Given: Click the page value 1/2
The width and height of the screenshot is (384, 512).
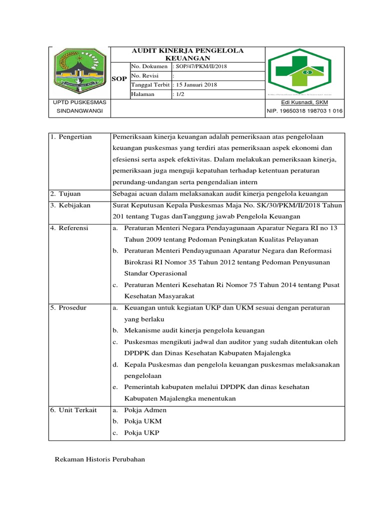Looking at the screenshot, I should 178,94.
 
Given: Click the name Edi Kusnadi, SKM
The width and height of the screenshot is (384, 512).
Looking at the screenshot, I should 304,102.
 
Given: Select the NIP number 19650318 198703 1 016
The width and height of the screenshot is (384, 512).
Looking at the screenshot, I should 304,111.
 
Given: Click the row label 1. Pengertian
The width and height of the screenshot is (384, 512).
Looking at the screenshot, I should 72,137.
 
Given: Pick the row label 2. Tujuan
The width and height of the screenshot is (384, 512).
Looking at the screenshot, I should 66,193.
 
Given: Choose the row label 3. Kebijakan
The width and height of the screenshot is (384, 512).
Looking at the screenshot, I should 71,205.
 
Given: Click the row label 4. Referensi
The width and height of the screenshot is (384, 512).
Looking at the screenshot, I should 71,228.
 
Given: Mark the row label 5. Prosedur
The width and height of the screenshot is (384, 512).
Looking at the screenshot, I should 70,308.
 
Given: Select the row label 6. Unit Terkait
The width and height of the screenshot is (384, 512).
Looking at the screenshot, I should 74,410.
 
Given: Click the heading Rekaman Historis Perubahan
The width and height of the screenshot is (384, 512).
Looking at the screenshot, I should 99,459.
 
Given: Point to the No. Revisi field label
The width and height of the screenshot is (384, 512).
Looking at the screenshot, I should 143,75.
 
